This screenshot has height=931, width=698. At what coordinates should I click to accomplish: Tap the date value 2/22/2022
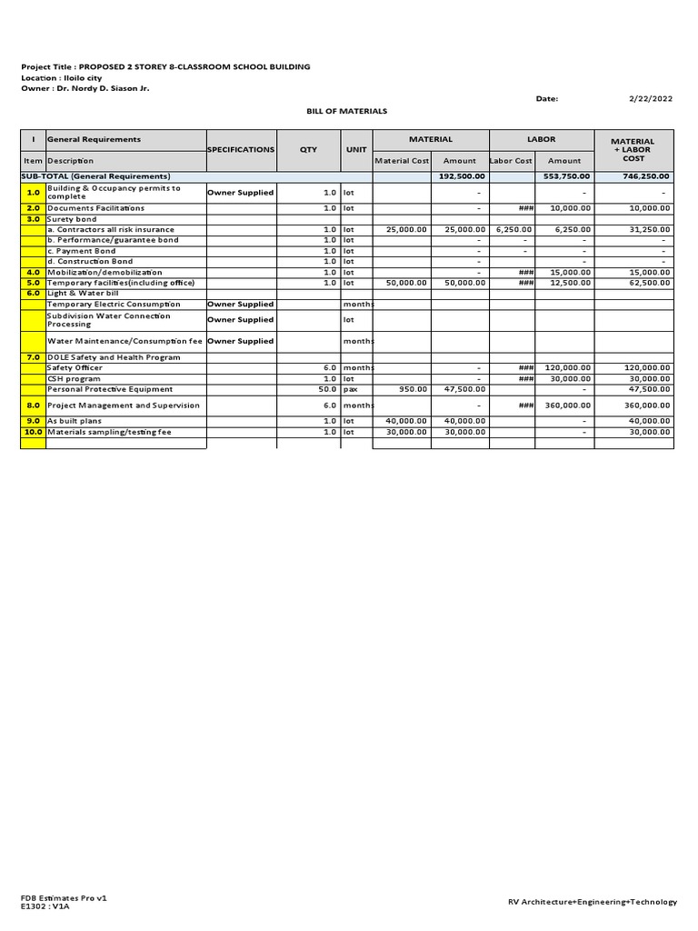click(650, 98)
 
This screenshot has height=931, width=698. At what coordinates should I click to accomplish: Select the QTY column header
click(308, 149)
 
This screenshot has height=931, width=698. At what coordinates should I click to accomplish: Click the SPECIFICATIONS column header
click(241, 149)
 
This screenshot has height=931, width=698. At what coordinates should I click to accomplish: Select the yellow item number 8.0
click(33, 405)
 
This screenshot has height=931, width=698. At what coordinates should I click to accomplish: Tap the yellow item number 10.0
click(33, 432)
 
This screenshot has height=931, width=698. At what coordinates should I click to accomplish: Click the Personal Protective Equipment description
click(109, 389)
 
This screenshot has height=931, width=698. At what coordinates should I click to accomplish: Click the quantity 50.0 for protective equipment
click(327, 389)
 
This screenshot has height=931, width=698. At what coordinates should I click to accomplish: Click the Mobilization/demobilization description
click(105, 272)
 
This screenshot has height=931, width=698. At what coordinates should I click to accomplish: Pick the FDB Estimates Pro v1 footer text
click(64, 897)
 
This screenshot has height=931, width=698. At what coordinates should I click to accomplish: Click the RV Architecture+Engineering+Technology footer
click(593, 902)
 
